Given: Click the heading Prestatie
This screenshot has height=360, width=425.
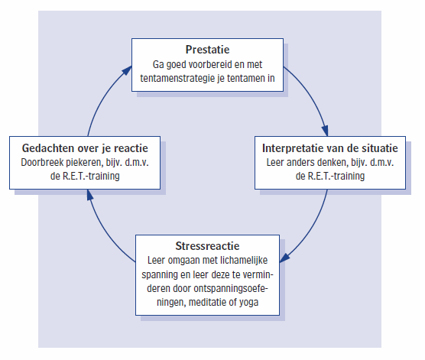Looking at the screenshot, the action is click(x=207, y=50).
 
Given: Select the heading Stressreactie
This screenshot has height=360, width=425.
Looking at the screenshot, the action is click(x=207, y=246).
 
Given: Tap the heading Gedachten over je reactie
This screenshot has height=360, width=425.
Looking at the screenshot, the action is click(x=85, y=148).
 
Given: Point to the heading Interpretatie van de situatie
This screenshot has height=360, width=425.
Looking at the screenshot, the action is click(x=330, y=148).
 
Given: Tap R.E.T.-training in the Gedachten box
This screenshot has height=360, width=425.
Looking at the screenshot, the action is click(x=91, y=177).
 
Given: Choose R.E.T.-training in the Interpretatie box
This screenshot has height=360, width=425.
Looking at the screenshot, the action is click(x=336, y=177).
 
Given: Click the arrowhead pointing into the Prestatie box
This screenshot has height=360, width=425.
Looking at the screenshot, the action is click(x=127, y=71).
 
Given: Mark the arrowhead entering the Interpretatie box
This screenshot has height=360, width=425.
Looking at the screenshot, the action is click(x=325, y=131).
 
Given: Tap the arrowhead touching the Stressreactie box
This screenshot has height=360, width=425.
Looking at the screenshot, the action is click(x=284, y=258).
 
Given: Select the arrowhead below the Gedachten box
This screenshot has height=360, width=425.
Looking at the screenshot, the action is click(x=90, y=195).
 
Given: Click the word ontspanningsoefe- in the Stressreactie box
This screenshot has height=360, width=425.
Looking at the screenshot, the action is click(x=231, y=288).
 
